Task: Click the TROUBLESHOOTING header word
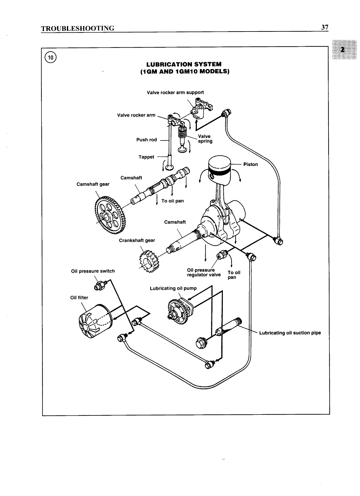pyautogui.click(x=78, y=28)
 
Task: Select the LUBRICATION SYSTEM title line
pyautogui.click(x=184, y=64)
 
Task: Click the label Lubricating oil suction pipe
pyautogui.click(x=290, y=333)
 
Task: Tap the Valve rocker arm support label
pyautogui.click(x=175, y=92)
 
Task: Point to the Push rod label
pyautogui.click(x=147, y=140)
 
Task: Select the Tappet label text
pyautogui.click(x=146, y=157)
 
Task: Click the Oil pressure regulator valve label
pyautogui.click(x=204, y=272)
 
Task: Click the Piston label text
pyautogui.click(x=250, y=164)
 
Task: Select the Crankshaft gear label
pyautogui.click(x=137, y=240)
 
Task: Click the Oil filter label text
pyautogui.click(x=79, y=298)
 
